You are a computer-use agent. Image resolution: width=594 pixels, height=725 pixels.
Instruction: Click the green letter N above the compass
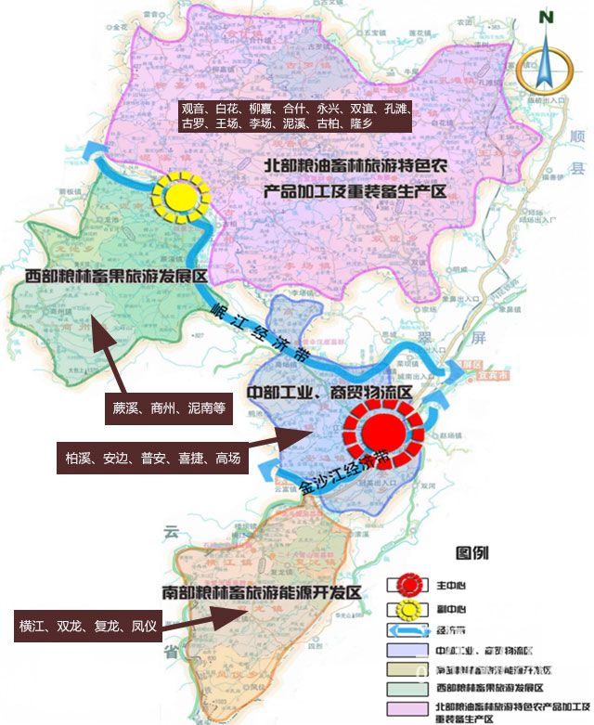pos(547,17)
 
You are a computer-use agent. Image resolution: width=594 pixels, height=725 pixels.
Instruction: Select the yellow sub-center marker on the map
pos(180,196)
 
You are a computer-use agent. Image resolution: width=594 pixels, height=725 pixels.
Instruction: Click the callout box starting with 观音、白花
pos(294,115)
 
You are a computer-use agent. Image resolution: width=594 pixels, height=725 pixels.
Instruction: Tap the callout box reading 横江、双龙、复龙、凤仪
pos(84,626)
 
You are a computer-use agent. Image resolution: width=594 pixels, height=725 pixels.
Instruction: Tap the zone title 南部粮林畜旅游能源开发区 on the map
pos(260,592)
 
